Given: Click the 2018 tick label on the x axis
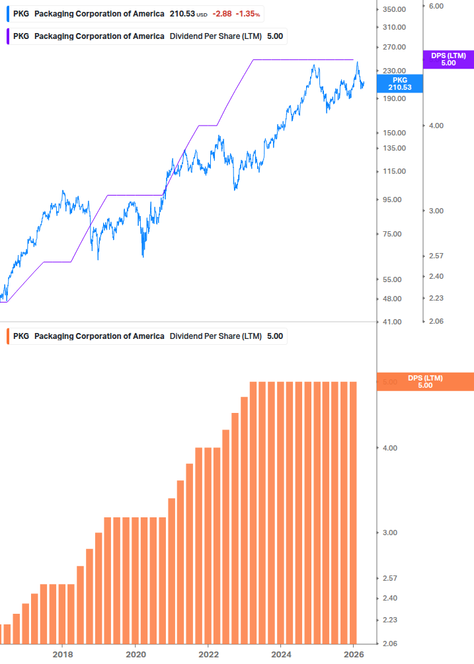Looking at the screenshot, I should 62,653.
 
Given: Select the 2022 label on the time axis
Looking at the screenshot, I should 208,653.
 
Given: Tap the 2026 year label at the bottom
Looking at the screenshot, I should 354,653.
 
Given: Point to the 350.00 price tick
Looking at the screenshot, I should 394,9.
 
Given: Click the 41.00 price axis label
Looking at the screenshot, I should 392,322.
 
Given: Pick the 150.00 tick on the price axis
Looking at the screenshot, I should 394,133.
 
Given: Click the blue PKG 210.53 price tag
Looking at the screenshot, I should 399,83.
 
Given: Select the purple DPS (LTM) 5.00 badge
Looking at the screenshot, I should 448,59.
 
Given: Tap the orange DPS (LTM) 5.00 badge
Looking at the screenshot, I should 425,381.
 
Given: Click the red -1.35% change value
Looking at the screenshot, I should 247,14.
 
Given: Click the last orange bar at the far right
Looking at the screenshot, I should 353,512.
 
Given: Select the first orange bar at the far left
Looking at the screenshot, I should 5,634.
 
